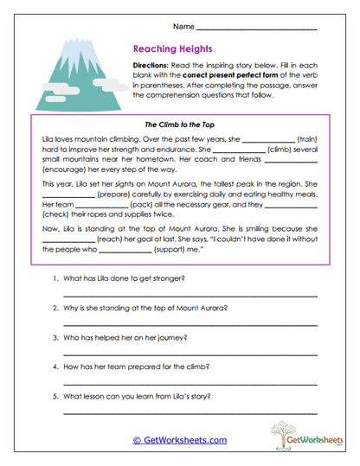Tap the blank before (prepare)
point(68,195)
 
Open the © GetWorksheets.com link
point(180,440)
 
